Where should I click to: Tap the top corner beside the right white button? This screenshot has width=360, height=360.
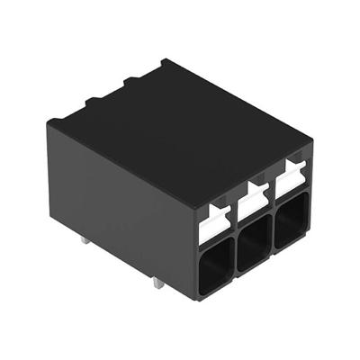311,141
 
